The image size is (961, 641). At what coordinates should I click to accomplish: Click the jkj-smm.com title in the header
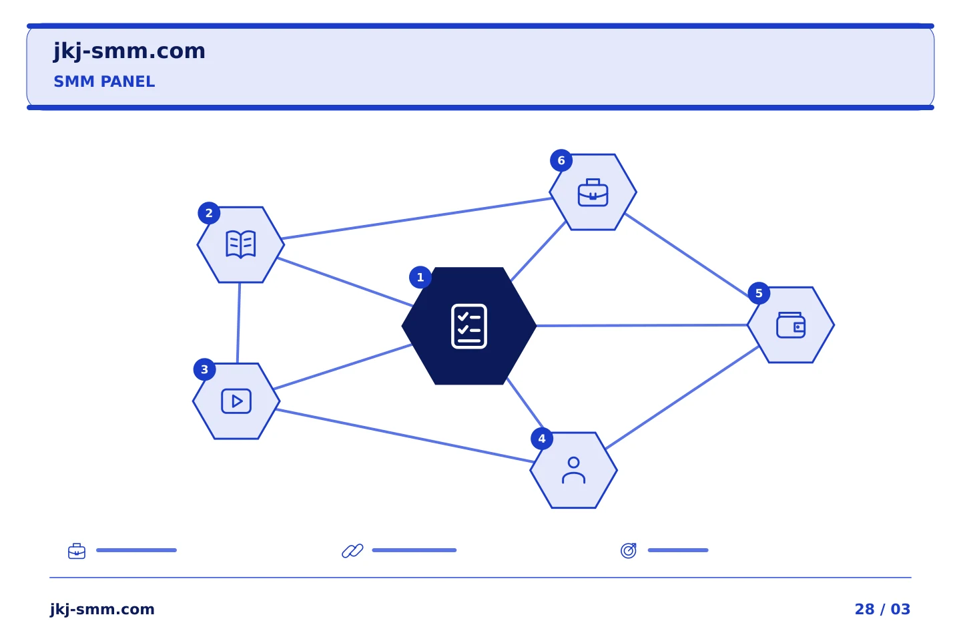tap(129, 51)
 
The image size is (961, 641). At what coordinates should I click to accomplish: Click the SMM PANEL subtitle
tap(104, 81)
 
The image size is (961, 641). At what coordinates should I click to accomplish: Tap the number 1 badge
tap(420, 277)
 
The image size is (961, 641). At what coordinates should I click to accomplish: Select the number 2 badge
tap(209, 213)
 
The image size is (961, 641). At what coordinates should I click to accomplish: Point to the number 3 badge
tap(205, 369)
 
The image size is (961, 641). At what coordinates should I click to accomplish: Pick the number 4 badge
tap(542, 439)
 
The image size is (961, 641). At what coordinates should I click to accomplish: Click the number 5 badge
tap(759, 293)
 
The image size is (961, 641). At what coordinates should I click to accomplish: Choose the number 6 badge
tap(561, 160)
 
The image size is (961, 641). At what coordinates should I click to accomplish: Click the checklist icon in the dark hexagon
tap(469, 327)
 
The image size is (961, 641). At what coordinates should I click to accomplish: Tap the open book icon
tap(241, 244)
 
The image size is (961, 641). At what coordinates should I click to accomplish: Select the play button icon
tap(236, 401)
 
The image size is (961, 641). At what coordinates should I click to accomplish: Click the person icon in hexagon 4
tap(574, 471)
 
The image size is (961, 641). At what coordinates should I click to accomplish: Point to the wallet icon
tap(791, 325)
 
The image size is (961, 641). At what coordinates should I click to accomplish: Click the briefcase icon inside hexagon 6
tap(593, 192)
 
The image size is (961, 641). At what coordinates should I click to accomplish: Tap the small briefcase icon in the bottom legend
tap(77, 551)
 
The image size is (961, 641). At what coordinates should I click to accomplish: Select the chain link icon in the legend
tap(352, 551)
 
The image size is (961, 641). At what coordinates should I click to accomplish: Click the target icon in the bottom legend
tap(629, 550)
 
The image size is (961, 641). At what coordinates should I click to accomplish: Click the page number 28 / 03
tap(882, 609)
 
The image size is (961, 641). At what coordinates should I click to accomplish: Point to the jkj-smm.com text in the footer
tap(102, 610)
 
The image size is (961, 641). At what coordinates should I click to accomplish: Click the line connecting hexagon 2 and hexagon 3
tap(238, 323)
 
